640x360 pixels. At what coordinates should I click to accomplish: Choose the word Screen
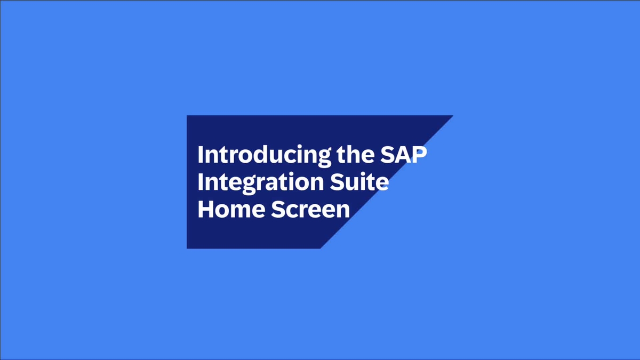tap(311, 209)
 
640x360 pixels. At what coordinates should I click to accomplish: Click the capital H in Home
tap(206, 209)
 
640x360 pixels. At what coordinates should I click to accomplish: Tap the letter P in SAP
tap(421, 155)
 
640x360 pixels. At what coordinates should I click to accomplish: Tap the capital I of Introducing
tap(200, 155)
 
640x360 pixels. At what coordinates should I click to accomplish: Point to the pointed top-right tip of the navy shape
tap(452, 116)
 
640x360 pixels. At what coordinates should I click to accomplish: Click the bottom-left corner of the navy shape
tap(187, 248)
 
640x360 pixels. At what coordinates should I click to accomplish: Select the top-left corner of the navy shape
tap(187, 116)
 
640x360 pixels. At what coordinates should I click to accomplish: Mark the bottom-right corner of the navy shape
tap(320, 248)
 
